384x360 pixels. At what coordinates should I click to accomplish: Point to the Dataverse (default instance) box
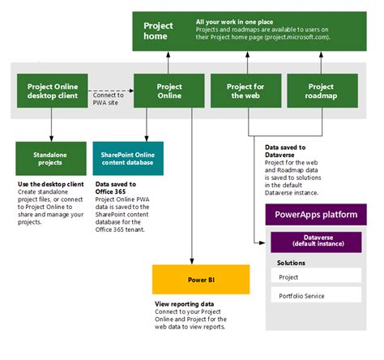[x=317, y=242]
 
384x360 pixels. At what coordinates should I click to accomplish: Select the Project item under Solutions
[x=317, y=277]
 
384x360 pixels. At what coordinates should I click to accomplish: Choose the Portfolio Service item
[x=317, y=296]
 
